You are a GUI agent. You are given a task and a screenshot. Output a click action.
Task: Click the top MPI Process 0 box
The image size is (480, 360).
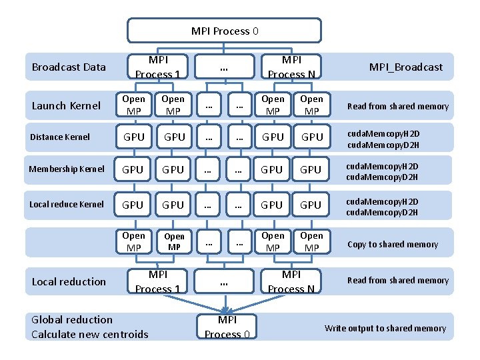(x=225, y=31)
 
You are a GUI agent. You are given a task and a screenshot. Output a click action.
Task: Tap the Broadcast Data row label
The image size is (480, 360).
(x=69, y=67)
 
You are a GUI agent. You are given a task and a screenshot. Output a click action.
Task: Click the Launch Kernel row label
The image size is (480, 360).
(x=67, y=105)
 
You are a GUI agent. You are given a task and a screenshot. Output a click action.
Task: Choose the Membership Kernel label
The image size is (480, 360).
(x=67, y=169)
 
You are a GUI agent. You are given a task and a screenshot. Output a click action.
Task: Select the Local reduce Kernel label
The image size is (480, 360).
(x=67, y=204)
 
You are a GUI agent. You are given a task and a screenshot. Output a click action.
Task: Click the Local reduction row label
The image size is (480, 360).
(x=69, y=281)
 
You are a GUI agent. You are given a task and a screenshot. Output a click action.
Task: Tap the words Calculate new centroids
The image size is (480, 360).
(x=90, y=334)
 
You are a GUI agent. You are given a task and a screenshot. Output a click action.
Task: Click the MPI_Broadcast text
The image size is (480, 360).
(x=406, y=67)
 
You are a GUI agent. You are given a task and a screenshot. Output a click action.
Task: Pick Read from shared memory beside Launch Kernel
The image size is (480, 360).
(x=398, y=106)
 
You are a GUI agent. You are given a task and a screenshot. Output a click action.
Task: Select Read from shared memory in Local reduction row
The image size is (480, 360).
(x=398, y=281)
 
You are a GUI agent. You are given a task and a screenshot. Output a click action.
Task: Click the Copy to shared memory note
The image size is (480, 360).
(x=393, y=244)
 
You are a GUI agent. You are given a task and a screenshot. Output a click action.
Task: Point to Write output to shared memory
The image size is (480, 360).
(x=385, y=328)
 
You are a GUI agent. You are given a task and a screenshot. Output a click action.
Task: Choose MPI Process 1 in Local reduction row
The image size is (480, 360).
(x=158, y=281)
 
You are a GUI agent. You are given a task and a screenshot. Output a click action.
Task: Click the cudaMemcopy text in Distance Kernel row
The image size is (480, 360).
(x=383, y=137)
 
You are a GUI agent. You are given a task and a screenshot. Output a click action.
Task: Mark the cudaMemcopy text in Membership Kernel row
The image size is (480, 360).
(x=383, y=170)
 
